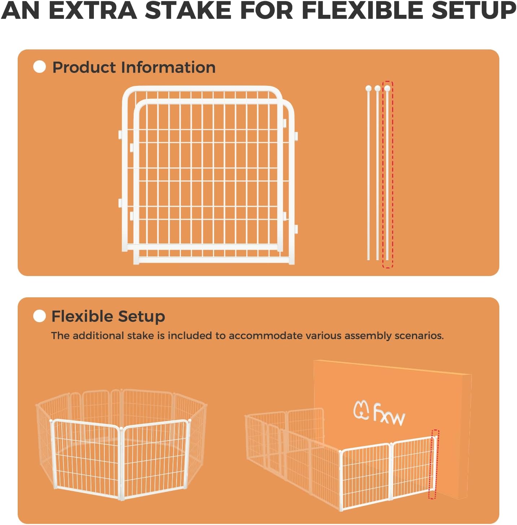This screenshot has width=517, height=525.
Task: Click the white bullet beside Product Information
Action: click(x=39, y=67)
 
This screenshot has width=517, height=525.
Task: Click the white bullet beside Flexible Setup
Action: click(x=39, y=316)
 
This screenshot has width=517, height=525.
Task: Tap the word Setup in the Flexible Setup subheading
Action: click(x=142, y=316)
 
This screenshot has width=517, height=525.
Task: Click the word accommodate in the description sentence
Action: click(x=266, y=336)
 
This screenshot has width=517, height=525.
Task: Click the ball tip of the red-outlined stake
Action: click(x=387, y=88)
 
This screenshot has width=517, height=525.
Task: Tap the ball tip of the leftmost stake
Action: click(x=368, y=88)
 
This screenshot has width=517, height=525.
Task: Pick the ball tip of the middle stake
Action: click(x=378, y=88)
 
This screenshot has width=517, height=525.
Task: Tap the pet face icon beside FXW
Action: click(x=361, y=410)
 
